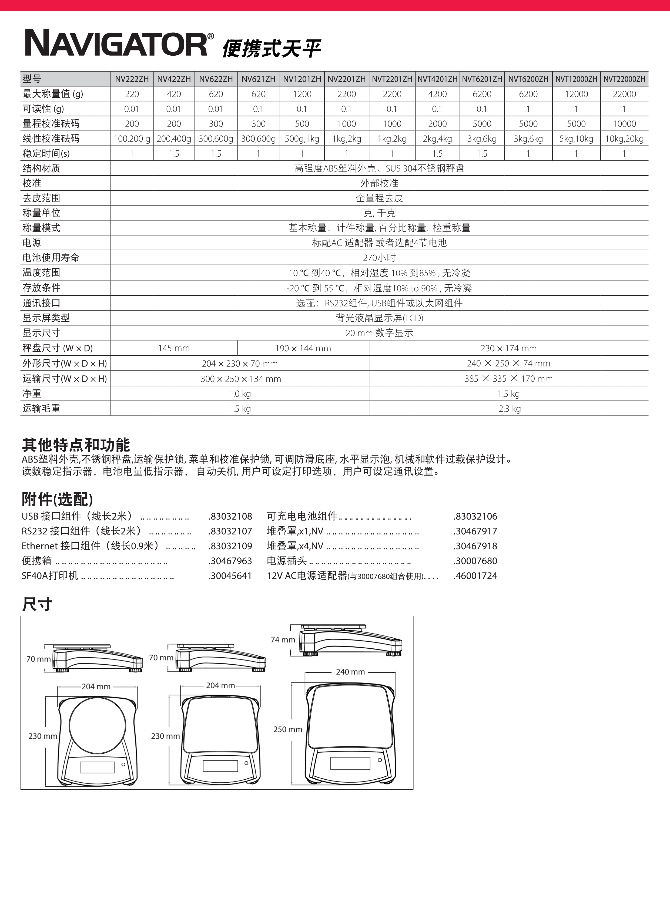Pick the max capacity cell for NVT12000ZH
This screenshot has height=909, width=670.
(576, 94)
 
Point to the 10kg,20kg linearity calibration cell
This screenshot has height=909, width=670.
(624, 139)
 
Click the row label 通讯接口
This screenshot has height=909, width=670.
(41, 303)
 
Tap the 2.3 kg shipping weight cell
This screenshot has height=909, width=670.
(510, 409)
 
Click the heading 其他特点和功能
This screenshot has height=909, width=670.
(76, 445)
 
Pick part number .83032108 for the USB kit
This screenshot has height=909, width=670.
(230, 517)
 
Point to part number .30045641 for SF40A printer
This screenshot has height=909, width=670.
(230, 576)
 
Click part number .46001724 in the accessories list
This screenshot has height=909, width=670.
(475, 576)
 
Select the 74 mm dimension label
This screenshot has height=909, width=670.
(283, 640)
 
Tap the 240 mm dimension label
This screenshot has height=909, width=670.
(350, 672)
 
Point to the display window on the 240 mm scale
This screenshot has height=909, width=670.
(350, 763)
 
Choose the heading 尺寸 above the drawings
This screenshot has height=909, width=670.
(37, 604)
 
